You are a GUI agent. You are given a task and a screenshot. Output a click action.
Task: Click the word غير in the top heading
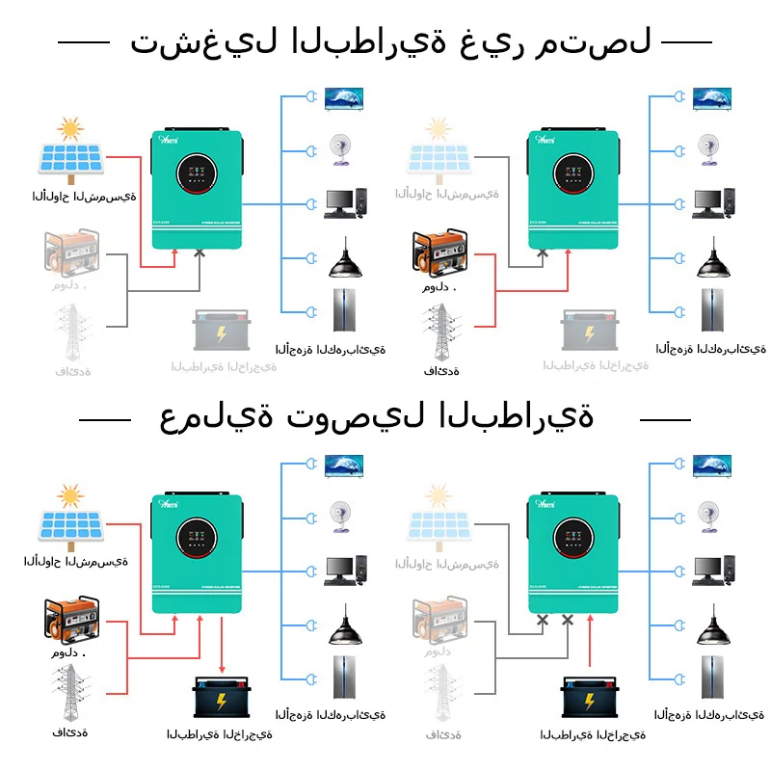tap(491, 43)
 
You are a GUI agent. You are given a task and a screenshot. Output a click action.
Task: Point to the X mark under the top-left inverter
tap(199, 253)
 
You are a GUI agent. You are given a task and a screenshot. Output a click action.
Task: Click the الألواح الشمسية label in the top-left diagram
tap(84, 197)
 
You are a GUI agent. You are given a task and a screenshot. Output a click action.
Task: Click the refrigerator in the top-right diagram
tap(714, 309)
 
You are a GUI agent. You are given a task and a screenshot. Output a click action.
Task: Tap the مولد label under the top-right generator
tap(439, 287)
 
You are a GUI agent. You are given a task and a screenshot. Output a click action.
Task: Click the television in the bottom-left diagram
tap(344, 465)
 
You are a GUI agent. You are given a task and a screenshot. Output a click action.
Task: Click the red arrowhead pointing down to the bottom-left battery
tap(223, 669)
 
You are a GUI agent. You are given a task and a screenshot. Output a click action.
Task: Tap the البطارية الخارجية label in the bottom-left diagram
tap(218, 734)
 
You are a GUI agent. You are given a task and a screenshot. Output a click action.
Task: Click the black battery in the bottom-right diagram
tap(593, 698)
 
